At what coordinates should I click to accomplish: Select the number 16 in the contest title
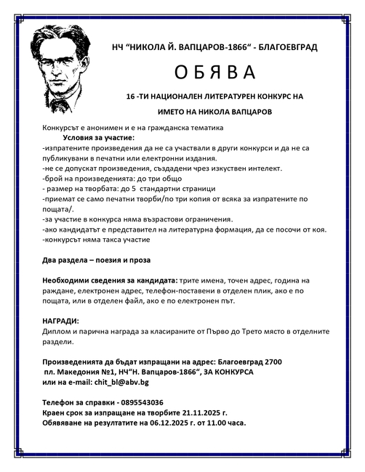pos(131,96)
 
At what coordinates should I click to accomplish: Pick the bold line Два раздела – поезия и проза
pos(96,259)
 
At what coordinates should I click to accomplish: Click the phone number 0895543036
pos(137,402)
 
